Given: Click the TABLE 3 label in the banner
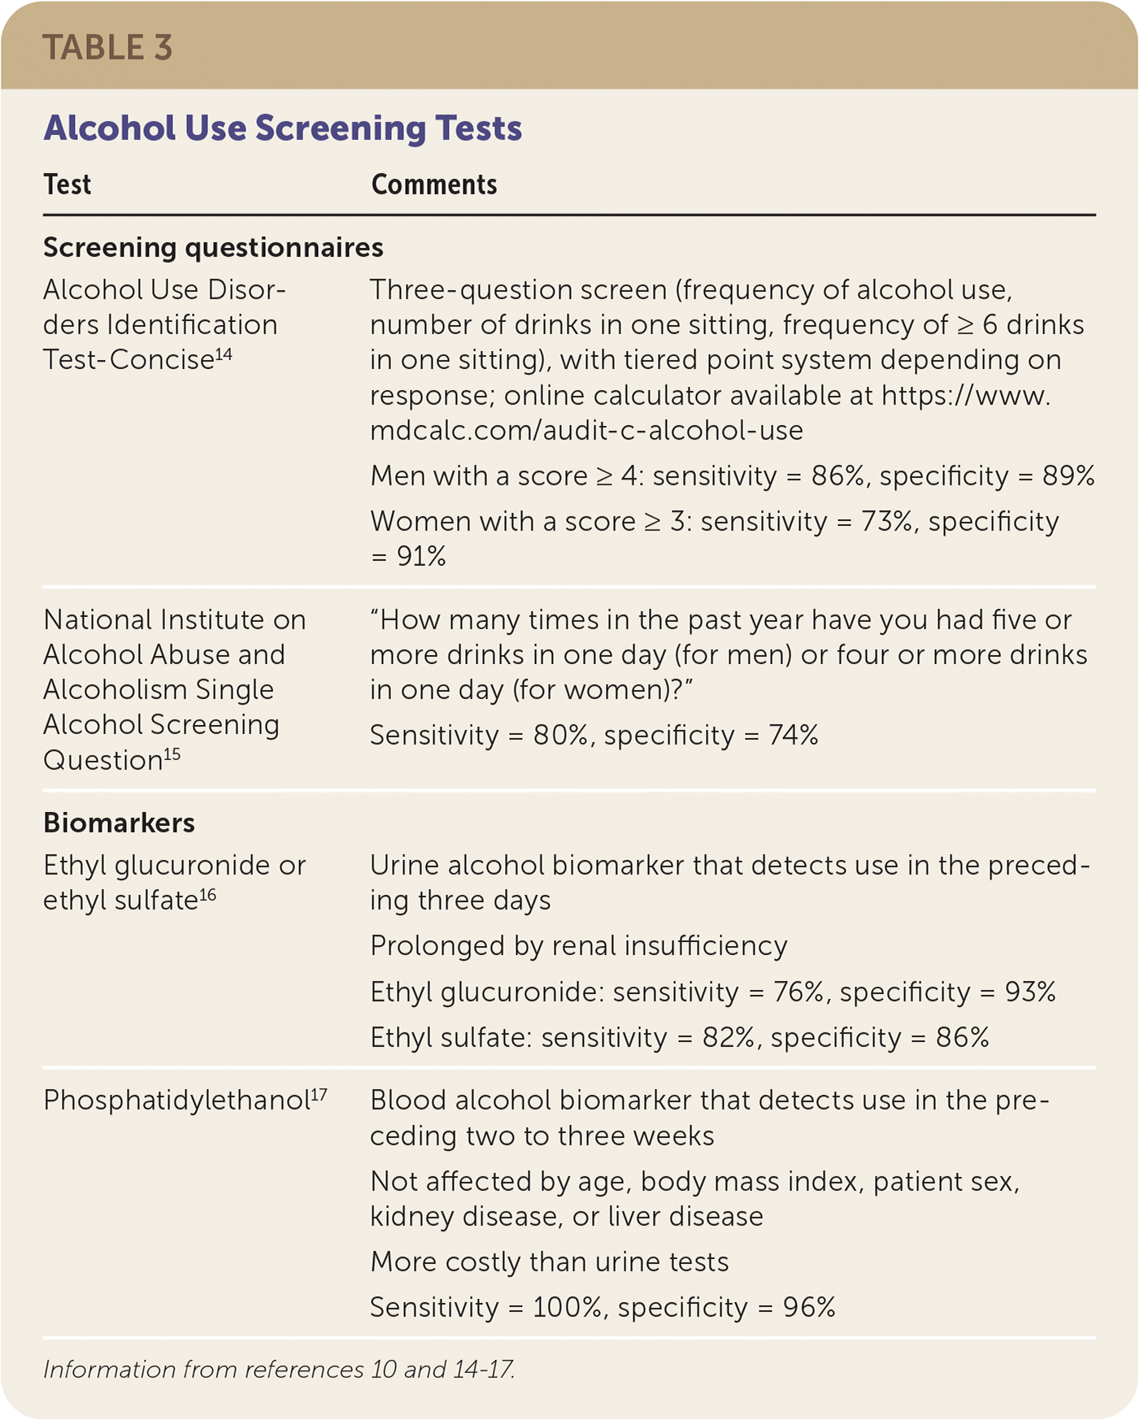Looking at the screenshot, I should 107,48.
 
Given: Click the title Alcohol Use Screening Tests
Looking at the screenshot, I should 282,128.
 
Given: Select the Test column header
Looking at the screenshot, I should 67,185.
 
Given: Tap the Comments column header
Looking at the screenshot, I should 433,185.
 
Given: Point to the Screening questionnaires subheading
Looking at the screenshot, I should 213,247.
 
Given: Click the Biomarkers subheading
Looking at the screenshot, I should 119,823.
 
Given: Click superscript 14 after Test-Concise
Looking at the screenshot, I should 224,354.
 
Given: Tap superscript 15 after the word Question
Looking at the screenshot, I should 172,753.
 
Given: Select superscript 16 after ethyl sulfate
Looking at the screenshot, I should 207,895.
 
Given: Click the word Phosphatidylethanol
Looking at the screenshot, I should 176,1101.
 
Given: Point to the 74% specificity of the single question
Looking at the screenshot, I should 793,736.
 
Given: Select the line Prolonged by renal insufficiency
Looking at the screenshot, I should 578,946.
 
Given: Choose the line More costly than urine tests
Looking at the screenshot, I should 549,1262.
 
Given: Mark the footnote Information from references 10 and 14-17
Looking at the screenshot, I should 279,1370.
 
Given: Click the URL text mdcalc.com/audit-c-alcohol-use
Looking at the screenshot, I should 586,430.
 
